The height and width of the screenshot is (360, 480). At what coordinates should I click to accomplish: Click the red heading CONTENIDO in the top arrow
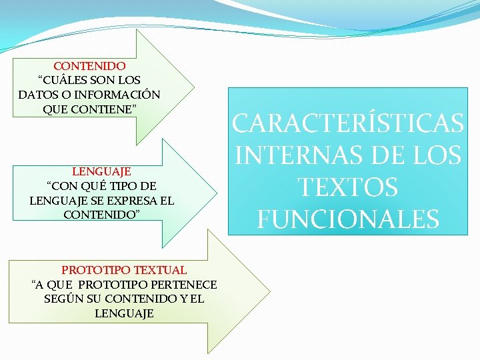pos(89,66)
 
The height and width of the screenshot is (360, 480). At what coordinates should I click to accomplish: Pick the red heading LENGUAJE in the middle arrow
pos(101,171)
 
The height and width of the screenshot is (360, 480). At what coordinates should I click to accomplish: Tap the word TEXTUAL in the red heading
pos(161,270)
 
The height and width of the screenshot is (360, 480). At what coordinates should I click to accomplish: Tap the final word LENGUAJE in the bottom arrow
pos(124,313)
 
